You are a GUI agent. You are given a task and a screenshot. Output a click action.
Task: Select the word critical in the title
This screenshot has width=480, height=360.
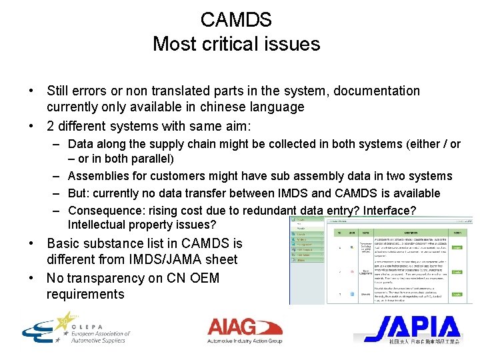pos(237,44)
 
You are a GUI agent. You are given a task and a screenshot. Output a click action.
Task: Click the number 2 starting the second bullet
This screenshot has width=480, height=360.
pos(51,126)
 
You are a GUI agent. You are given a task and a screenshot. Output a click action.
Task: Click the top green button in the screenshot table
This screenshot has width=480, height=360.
pos(455,247)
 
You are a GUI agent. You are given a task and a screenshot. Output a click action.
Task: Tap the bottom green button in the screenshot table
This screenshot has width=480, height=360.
pos(455,293)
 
